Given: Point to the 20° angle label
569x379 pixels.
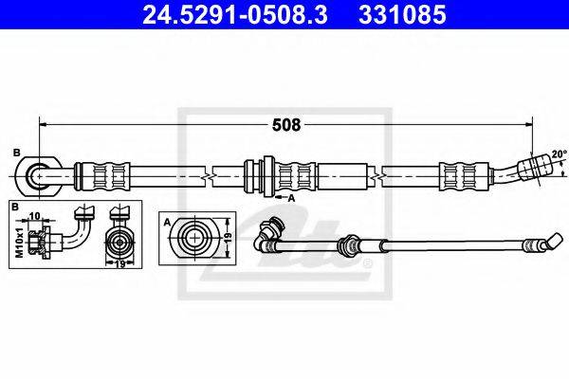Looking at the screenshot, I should click(559, 153).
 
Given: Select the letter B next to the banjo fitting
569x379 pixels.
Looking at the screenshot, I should click(16, 153).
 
